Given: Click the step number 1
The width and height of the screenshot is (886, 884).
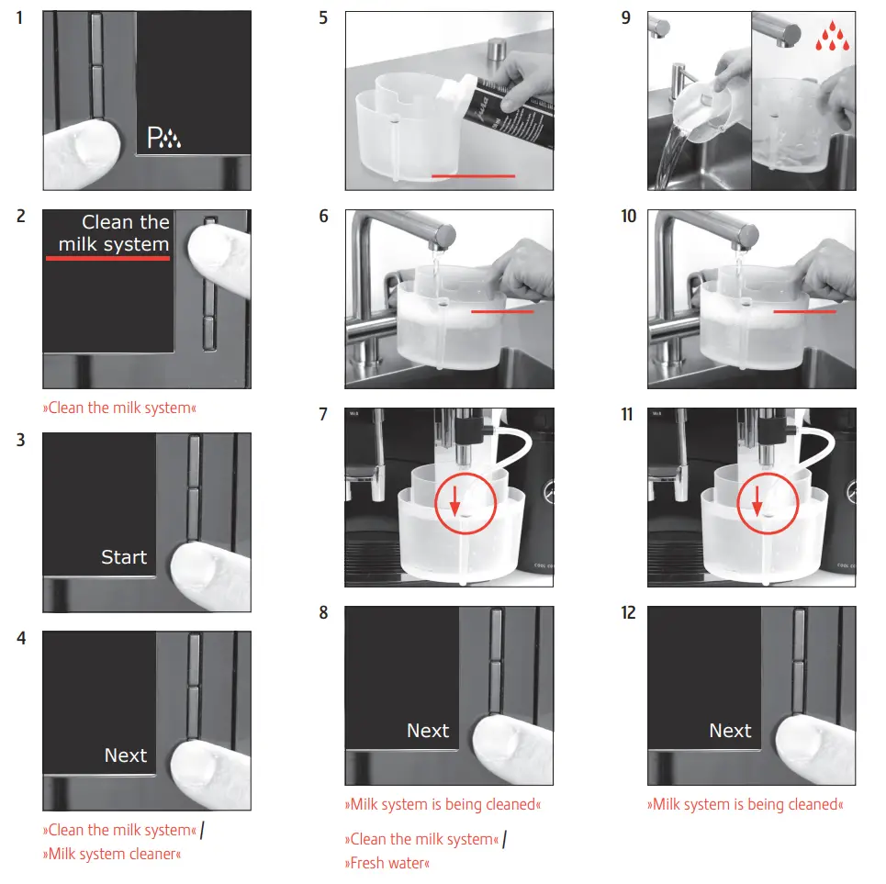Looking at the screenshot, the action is pos(20,18).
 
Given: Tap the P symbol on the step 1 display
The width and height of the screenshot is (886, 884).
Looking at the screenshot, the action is pos(153,138).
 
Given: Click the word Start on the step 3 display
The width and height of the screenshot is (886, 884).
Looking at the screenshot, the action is pos(124,557).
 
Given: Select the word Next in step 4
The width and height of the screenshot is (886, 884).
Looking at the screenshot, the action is pos(126,755).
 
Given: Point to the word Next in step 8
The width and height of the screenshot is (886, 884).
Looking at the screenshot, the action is pos(428,731).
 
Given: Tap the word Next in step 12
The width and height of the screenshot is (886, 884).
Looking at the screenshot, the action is pos(730,731).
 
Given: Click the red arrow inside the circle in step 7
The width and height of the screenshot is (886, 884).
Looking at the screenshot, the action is pos(454,500).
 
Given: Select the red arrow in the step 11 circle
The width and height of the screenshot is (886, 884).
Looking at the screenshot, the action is pos(757,500).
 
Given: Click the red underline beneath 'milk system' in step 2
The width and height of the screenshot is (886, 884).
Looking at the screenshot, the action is pos(108,258).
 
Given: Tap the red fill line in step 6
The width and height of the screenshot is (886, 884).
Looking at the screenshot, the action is pos(502,311).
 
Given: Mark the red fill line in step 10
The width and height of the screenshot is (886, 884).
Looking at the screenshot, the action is pos(804,311).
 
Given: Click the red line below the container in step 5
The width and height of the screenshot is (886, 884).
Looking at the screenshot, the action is pos(474,176).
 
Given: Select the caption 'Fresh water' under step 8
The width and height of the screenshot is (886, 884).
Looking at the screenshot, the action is pos(387,863).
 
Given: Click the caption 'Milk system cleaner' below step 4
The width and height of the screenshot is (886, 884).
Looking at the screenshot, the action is pos(112,854).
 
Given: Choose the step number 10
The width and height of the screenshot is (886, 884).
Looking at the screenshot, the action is pos(628,217).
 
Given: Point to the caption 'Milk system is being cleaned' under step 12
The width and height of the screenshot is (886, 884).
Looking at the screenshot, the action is pos(746,804).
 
